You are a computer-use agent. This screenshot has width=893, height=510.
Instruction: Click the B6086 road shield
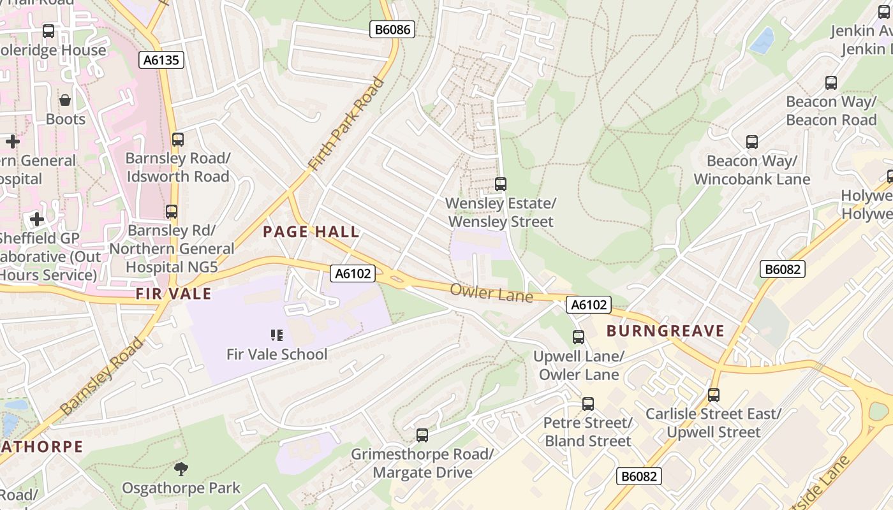click(x=392, y=29)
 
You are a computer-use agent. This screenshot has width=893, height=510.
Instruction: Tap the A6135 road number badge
click(x=161, y=60)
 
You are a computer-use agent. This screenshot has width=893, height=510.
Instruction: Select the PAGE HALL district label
click(x=311, y=232)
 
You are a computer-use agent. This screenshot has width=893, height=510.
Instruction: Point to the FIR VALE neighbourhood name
click(x=173, y=294)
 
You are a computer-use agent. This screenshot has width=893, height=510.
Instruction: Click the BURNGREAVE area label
click(x=665, y=331)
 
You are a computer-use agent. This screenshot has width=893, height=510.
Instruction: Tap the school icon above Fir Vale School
click(x=277, y=335)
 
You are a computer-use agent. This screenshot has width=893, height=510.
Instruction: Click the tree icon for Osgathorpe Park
click(x=181, y=470)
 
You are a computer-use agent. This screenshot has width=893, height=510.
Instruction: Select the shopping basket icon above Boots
click(x=65, y=100)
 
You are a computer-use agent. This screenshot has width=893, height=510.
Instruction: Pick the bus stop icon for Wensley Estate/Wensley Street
click(x=501, y=184)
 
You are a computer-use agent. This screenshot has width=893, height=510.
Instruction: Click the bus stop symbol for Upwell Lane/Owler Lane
click(x=579, y=337)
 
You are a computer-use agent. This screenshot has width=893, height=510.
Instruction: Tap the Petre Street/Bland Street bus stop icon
click(x=588, y=404)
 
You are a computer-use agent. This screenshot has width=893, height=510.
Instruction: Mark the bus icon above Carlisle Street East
click(x=714, y=395)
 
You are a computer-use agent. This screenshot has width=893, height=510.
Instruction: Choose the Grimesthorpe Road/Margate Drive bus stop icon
click(x=422, y=435)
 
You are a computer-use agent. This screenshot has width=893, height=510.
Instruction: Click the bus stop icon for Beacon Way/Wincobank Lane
click(x=752, y=142)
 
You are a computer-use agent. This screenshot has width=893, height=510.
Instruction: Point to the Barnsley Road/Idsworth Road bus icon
click(x=178, y=139)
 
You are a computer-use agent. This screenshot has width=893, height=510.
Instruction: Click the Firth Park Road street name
click(x=346, y=124)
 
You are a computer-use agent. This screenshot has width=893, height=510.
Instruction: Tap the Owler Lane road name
click(x=491, y=294)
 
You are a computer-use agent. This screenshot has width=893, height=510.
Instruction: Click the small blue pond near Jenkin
click(x=762, y=40)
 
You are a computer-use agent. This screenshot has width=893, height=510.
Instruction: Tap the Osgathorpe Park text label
click(x=181, y=488)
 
